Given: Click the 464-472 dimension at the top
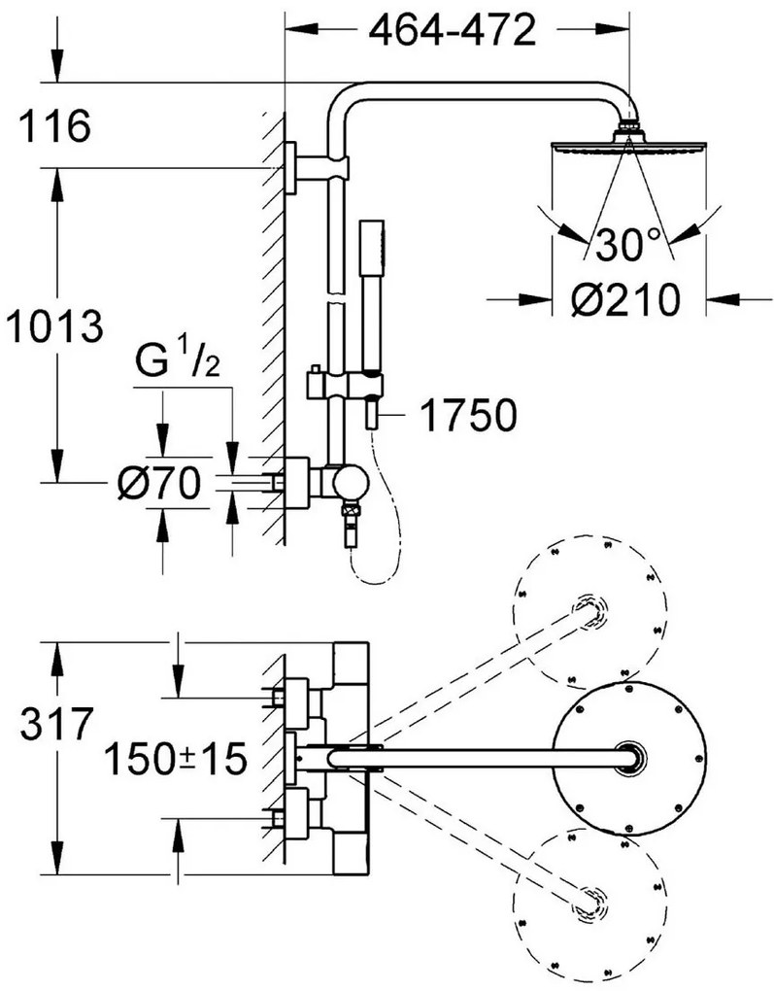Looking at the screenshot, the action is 452,30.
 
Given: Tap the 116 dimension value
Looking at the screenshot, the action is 54,125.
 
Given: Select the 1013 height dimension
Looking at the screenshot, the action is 54,326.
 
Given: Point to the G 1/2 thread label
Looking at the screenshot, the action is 178,360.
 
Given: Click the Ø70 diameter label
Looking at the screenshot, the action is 159,484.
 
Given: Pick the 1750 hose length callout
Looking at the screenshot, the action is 468,415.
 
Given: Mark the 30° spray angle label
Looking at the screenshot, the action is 627,244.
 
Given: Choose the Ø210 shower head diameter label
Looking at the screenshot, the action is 625,298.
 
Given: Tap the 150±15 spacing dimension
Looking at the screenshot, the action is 175,759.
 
